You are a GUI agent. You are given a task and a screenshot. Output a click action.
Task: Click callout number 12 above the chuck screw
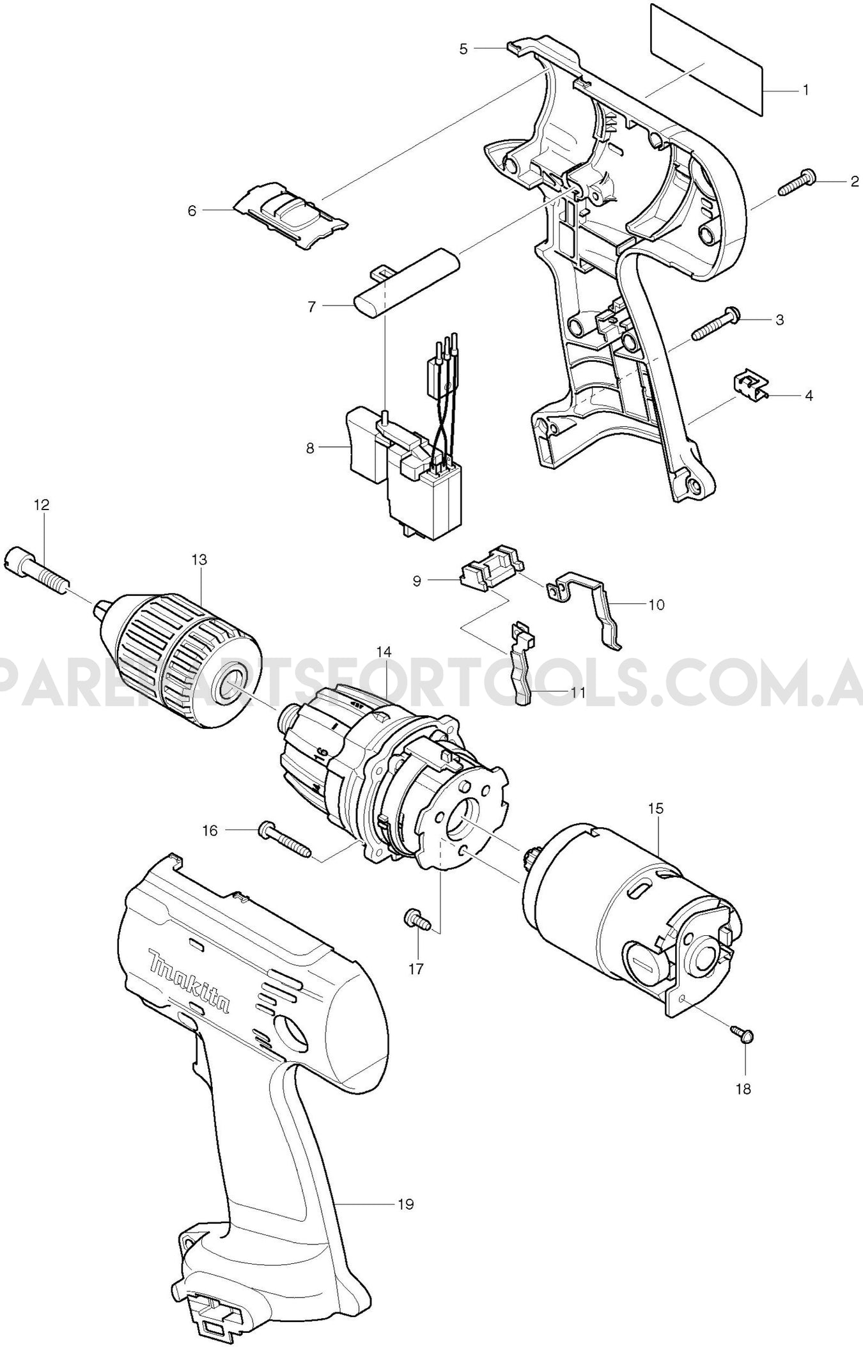pyautogui.click(x=42, y=505)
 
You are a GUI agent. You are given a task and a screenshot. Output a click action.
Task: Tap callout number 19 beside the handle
pyautogui.click(x=405, y=1204)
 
